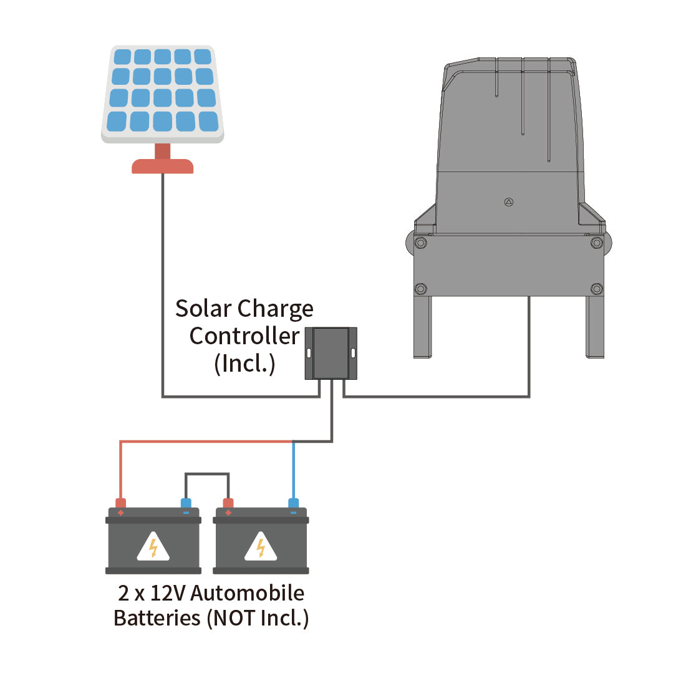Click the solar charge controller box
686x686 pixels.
pos(331,353)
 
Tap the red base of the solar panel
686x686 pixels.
pos(162,166)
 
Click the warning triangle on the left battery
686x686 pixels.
pos(153,547)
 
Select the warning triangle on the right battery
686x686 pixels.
pos(261,547)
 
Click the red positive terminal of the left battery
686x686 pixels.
pos(120,504)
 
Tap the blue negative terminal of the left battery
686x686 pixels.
pos(185,504)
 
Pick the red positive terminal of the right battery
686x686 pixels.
pos(228,504)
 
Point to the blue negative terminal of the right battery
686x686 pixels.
pos(293,504)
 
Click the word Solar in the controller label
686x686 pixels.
pos(203,309)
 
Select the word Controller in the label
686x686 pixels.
pos(244,336)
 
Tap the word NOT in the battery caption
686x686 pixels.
pos(234,618)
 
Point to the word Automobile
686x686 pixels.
pos(247,593)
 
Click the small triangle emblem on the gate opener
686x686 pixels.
pos(508,202)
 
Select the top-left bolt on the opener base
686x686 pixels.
pos(420,243)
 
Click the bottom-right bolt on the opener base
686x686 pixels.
pos(596,289)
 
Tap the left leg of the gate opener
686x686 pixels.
pos(423,327)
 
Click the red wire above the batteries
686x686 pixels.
pos(206,442)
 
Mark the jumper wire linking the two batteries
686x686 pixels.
pos(207,474)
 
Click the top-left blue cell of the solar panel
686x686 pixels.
pos(123,57)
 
